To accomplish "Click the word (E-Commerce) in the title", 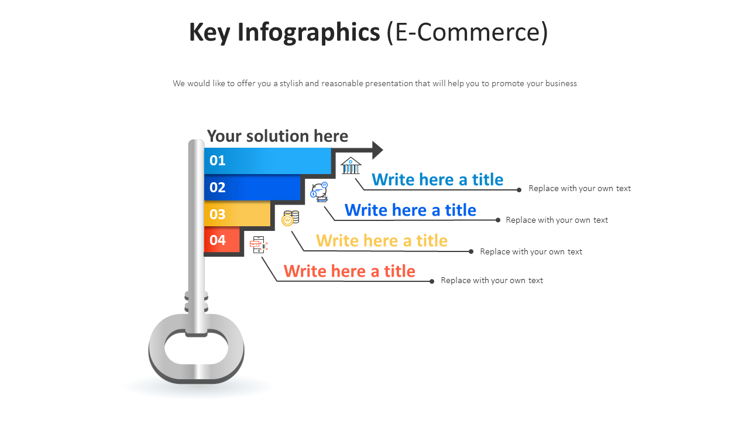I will (467, 32).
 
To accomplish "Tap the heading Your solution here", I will (277, 136).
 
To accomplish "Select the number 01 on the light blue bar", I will (218, 161).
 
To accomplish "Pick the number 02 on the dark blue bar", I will (218, 188).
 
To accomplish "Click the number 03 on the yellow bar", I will (218, 215).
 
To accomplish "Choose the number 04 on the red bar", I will (218, 240).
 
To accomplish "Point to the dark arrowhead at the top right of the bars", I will (377, 150).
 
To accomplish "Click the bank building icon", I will (351, 166).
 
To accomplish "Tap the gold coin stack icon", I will (290, 218).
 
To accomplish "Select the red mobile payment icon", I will (258, 244).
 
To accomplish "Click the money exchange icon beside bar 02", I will (319, 192).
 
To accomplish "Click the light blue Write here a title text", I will (437, 179).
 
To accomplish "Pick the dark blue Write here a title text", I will (410, 210).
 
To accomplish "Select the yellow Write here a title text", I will (382, 240).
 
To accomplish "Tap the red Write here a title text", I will (349, 271).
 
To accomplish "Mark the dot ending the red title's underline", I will (432, 281).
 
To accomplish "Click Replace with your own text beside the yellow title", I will (531, 251).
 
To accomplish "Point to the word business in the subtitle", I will (561, 83).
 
